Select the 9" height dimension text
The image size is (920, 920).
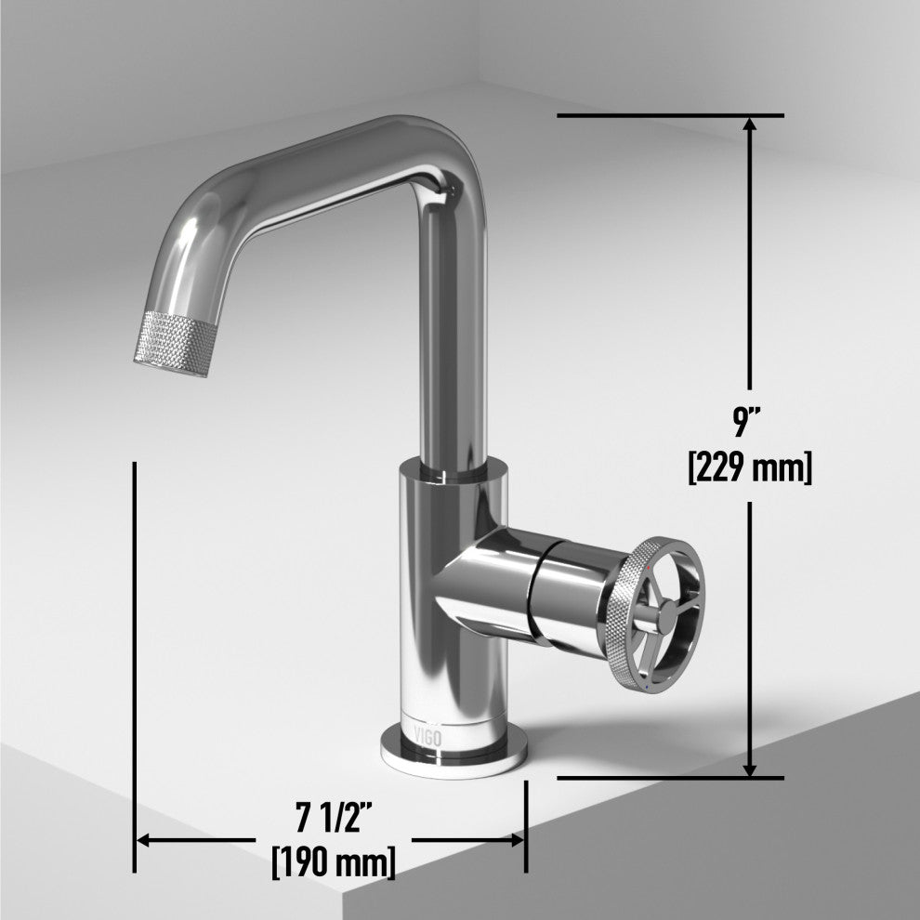pyautogui.click(x=749, y=423)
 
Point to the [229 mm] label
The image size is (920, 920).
pyautogui.click(x=750, y=467)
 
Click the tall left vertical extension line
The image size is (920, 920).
pyautogui.click(x=136, y=651)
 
